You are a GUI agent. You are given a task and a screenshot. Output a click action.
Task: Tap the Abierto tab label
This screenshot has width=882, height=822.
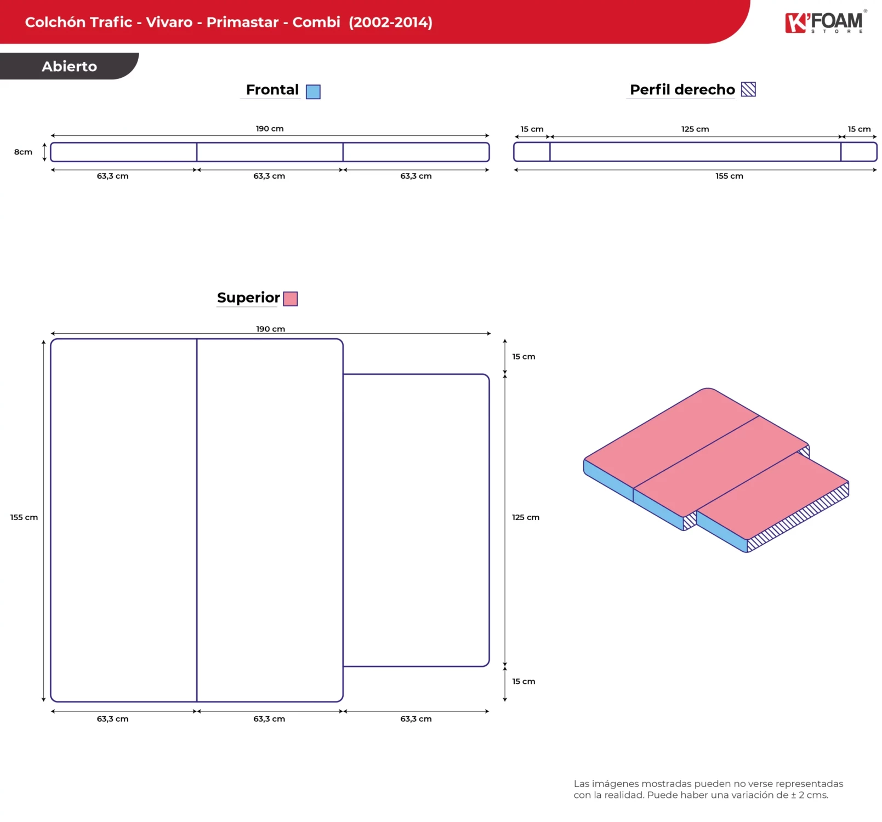70,66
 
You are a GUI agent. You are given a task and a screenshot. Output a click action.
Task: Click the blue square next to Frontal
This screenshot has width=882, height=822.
313,92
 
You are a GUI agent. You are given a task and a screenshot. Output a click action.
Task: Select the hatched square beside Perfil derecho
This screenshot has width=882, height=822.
748,89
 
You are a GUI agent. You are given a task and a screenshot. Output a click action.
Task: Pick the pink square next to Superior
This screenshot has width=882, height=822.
291,299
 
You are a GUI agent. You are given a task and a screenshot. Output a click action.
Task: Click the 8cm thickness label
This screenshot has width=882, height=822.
23,152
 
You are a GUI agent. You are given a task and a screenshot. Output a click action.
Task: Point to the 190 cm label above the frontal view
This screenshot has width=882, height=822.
270,129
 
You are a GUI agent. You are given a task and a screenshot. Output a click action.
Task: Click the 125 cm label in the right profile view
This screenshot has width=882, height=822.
695,129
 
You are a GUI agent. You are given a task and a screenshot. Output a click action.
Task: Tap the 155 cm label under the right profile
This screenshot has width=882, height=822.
729,176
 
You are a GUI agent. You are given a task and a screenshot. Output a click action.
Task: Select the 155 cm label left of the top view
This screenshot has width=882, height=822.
24,517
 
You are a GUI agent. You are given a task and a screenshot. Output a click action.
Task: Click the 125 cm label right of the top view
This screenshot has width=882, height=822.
526,517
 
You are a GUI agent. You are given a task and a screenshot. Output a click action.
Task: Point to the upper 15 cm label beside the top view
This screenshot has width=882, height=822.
523,357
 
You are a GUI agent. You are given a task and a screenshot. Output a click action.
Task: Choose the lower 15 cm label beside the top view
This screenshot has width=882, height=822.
523,682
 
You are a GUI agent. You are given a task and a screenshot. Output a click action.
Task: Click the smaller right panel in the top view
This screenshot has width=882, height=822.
416,520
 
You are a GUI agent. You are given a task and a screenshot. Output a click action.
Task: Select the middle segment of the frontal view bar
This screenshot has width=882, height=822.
270,152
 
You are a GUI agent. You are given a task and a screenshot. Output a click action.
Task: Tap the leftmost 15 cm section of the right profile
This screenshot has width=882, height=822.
532,152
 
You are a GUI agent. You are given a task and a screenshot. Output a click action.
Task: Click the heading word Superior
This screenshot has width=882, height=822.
248,298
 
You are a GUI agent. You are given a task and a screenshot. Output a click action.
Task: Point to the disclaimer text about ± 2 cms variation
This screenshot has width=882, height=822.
708,790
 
